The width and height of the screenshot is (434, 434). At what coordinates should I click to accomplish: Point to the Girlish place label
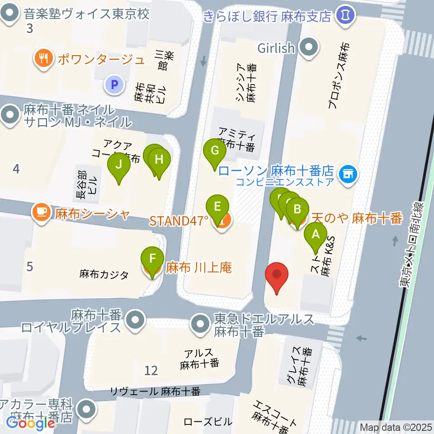pos(276,47)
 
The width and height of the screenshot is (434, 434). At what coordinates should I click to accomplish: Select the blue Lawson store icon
pos(349,172)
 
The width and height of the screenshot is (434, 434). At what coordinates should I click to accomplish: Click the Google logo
pos(31,424)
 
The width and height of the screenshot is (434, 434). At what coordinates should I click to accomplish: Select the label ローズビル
pos(208,422)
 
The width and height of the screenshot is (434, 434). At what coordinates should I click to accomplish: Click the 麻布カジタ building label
pos(104,274)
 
